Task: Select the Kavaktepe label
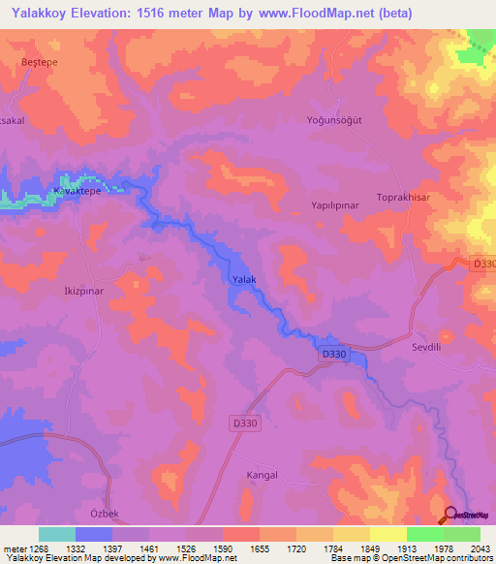77,192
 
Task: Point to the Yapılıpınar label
335,207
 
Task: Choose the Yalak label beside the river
244,280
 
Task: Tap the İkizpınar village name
83,290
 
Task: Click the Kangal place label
262,475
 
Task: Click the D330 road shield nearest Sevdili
333,355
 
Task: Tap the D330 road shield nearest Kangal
246,423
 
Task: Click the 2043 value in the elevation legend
480,548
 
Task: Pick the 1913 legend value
405,548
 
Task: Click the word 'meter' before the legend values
13,548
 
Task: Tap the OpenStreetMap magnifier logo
449,516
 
